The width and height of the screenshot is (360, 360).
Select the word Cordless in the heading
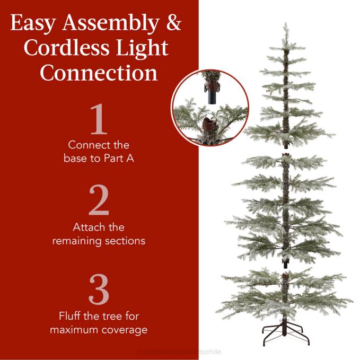click(63, 48)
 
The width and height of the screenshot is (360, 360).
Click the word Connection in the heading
click(99, 73)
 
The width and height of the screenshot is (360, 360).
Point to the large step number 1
click(99, 119)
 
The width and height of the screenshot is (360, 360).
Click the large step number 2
click(99, 202)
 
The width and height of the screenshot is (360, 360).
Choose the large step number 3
click(99, 290)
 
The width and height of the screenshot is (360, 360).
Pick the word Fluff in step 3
click(71, 317)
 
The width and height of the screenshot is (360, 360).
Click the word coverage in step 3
click(127, 330)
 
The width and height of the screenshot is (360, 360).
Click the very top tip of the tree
click(286, 24)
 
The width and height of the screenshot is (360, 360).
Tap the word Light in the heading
click(144, 48)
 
